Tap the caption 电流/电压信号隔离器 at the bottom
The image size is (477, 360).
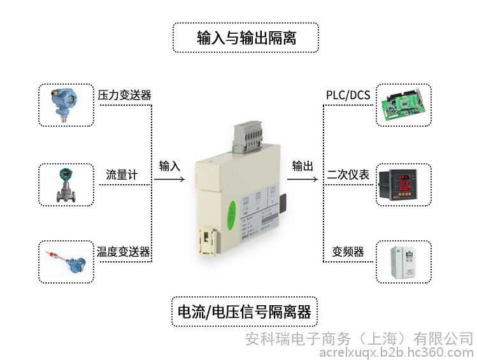click(x=245, y=312)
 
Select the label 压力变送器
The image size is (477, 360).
click(x=124, y=96)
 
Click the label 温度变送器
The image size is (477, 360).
click(x=124, y=252)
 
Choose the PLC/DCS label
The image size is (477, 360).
click(x=348, y=96)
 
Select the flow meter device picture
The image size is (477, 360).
click(x=66, y=184)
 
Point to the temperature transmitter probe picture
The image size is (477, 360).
click(x=66, y=262)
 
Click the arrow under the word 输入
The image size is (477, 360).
click(x=168, y=180)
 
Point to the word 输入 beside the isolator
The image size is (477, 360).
click(x=169, y=166)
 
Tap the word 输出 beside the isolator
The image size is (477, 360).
click(x=303, y=166)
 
